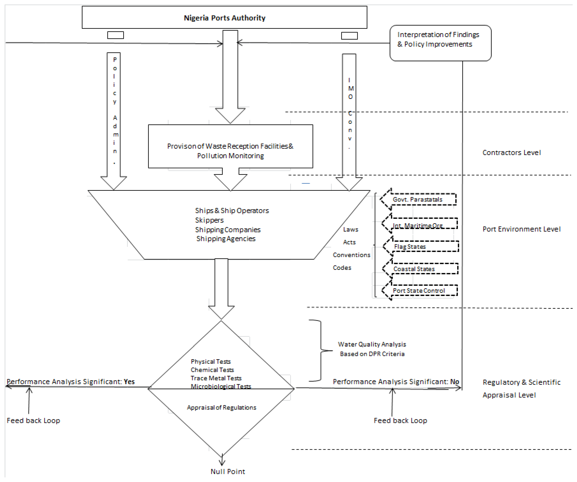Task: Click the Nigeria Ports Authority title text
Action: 224,18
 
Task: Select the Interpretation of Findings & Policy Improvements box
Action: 440,43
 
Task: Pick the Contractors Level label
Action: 512,152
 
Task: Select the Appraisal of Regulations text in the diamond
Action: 221,407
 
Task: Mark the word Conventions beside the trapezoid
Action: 351,255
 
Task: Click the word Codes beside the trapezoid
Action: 342,267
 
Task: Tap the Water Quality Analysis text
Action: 372,344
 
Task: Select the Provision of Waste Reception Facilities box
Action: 230,146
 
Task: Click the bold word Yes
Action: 129,381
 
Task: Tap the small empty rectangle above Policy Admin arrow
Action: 115,35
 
